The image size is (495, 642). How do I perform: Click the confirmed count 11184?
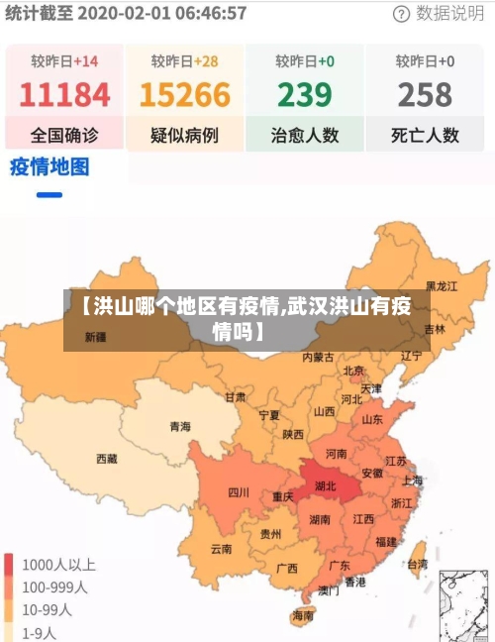[64, 95]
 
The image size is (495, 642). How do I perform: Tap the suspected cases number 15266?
[185, 95]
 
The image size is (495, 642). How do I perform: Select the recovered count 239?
[304, 95]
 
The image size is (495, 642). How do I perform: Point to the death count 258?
[425, 95]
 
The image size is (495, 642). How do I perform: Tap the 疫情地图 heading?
[49, 165]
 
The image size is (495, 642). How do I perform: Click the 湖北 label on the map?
[325, 486]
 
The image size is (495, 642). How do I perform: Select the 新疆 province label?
[95, 337]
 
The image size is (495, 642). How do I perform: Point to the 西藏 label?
[106, 459]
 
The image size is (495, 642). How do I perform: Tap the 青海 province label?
[179, 427]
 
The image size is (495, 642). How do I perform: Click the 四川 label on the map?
[239, 492]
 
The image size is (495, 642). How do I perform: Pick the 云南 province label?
[221, 549]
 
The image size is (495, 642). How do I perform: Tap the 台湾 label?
[418, 565]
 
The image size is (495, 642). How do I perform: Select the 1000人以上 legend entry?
[58, 565]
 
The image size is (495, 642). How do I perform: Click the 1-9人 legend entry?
[39, 631]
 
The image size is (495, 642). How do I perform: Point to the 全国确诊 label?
[64, 135]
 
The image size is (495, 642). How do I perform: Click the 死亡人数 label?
[425, 135]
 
